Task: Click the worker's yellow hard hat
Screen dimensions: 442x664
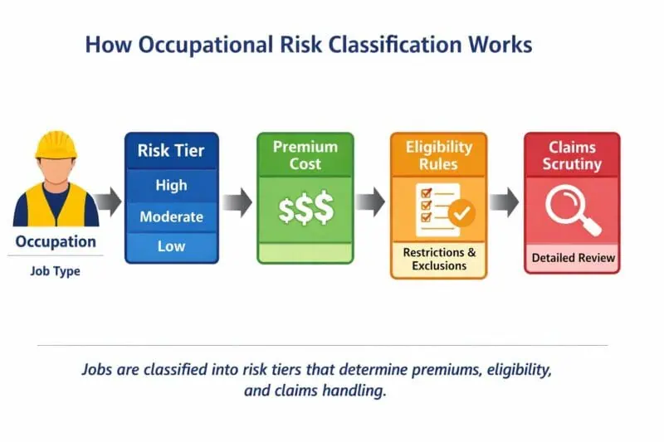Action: pyautogui.click(x=56, y=143)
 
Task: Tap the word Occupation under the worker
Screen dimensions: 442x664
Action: pyautogui.click(x=56, y=242)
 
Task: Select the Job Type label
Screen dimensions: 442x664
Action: pyautogui.click(x=56, y=270)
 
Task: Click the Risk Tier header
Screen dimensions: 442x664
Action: pyautogui.click(x=171, y=151)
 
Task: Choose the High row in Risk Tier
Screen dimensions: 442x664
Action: pyautogui.click(x=171, y=185)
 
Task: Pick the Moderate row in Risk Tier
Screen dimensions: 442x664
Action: pyautogui.click(x=171, y=216)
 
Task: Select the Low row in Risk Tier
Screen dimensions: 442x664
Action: pyautogui.click(x=171, y=246)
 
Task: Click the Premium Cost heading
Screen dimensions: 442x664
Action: pyautogui.click(x=305, y=154)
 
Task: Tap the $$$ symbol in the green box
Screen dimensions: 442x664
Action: pyautogui.click(x=305, y=210)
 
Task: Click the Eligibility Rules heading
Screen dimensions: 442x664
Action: pyautogui.click(x=438, y=154)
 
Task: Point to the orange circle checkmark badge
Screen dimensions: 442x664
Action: pyautogui.click(x=461, y=215)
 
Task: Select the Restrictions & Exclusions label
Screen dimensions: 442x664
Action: pyautogui.click(x=439, y=259)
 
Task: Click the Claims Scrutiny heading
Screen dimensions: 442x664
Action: pyautogui.click(x=571, y=154)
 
